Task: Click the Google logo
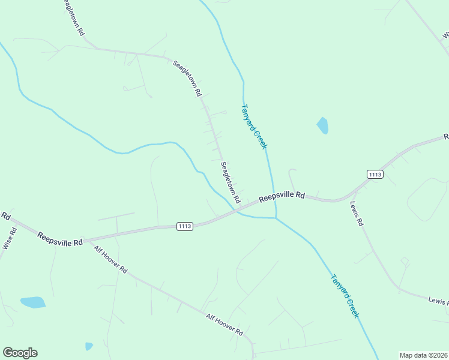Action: point(20,353)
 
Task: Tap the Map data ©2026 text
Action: point(423,355)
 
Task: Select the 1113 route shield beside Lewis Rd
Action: point(375,174)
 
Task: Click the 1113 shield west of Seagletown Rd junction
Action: point(185,226)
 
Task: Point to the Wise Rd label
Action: point(8,238)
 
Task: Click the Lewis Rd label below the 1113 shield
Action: point(357,213)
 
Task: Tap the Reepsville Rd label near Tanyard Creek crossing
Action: point(282,197)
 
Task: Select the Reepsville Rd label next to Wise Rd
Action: point(59,239)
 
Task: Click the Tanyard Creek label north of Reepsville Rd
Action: point(254,127)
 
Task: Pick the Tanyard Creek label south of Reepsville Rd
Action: point(345,296)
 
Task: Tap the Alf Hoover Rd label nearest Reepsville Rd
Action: point(111,259)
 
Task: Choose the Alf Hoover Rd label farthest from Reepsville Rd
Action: point(224,324)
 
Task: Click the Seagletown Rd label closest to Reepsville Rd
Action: point(231,182)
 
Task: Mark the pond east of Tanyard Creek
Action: point(323,125)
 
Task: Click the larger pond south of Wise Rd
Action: point(33,302)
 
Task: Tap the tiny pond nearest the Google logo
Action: point(89,346)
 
